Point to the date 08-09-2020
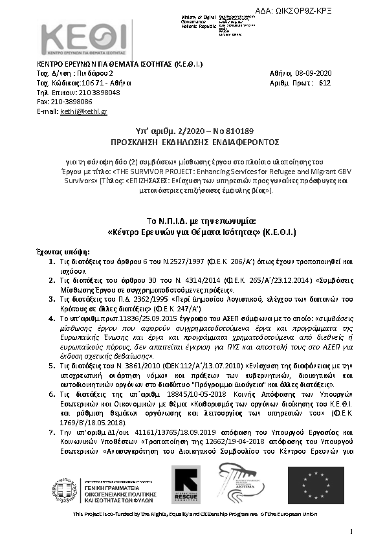(x=314, y=74)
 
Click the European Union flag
(x=315, y=485)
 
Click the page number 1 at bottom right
(x=350, y=531)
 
